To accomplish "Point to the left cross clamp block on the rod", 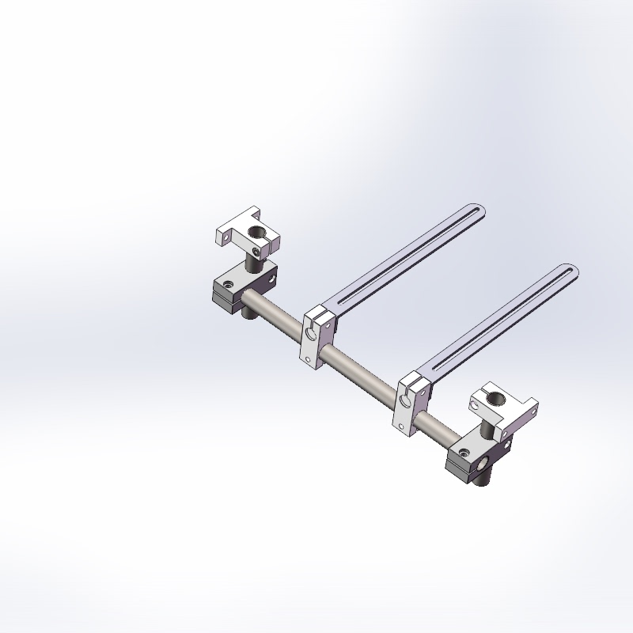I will tap(244, 286).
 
